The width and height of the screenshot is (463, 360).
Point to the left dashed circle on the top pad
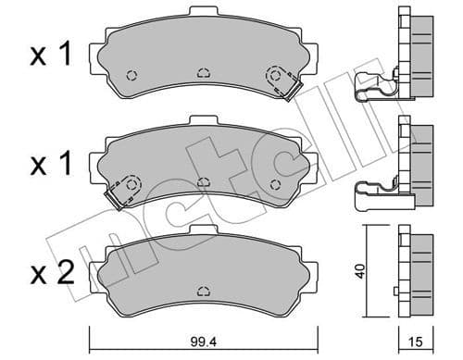[131, 76]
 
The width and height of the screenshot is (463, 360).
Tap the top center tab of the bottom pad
[204, 229]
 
